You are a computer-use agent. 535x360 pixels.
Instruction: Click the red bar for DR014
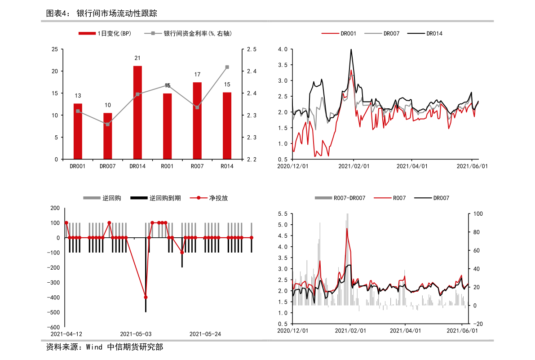137,112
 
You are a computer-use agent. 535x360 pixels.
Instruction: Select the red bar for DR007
108,136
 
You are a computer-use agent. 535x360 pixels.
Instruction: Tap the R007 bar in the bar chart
197,120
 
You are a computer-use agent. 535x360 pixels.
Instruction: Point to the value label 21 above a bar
137,58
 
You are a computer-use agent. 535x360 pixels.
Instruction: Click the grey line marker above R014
227,67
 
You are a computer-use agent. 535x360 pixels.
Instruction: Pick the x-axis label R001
167,166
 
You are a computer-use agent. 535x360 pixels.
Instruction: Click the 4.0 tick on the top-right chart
283,49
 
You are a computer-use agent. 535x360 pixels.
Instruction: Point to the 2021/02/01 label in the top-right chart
354,166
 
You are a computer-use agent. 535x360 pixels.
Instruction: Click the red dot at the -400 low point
146,297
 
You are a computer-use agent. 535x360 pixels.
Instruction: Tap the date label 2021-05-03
136,334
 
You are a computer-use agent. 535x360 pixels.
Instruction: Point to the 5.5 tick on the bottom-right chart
283,214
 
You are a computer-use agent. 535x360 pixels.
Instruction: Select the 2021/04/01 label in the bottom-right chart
405,331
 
